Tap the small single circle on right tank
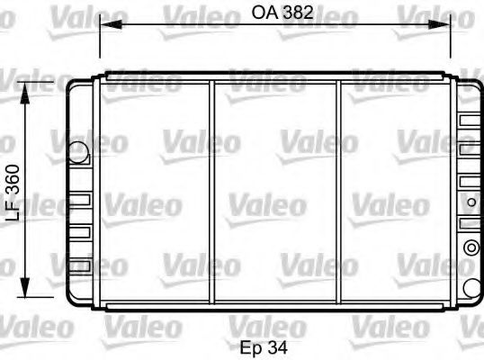coord(471,286)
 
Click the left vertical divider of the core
coord(211,193)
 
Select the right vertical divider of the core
coord(338,193)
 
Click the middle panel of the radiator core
coord(274,193)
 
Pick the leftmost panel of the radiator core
coord(153,193)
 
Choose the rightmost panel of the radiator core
coord(396,193)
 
